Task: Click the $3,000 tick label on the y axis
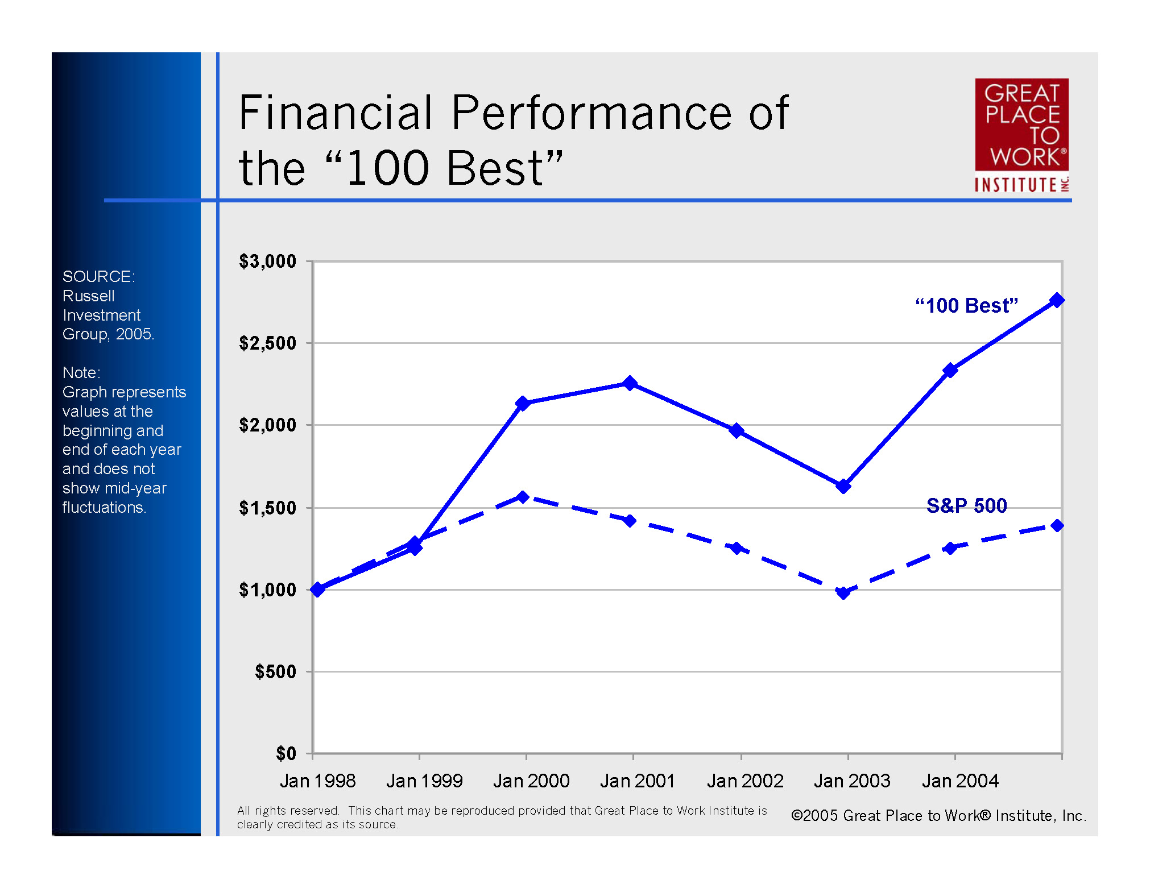point(267,262)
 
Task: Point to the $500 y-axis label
point(275,672)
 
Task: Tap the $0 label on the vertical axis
point(286,754)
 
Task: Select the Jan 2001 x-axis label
point(638,781)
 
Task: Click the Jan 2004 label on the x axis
point(960,781)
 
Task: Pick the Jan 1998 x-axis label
point(317,781)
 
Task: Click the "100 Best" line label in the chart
point(966,306)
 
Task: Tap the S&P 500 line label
point(966,505)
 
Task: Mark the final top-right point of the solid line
point(1057,300)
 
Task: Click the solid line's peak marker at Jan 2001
point(630,383)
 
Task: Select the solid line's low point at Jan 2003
point(843,486)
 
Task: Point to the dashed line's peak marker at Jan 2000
point(523,497)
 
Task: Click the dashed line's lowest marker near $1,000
point(843,593)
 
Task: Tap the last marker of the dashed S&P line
point(1057,526)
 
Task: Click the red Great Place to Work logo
point(1021,135)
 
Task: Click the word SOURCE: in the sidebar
point(98,277)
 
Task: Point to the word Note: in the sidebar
point(81,373)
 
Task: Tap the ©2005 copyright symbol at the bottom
point(797,816)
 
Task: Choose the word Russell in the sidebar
point(88,296)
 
